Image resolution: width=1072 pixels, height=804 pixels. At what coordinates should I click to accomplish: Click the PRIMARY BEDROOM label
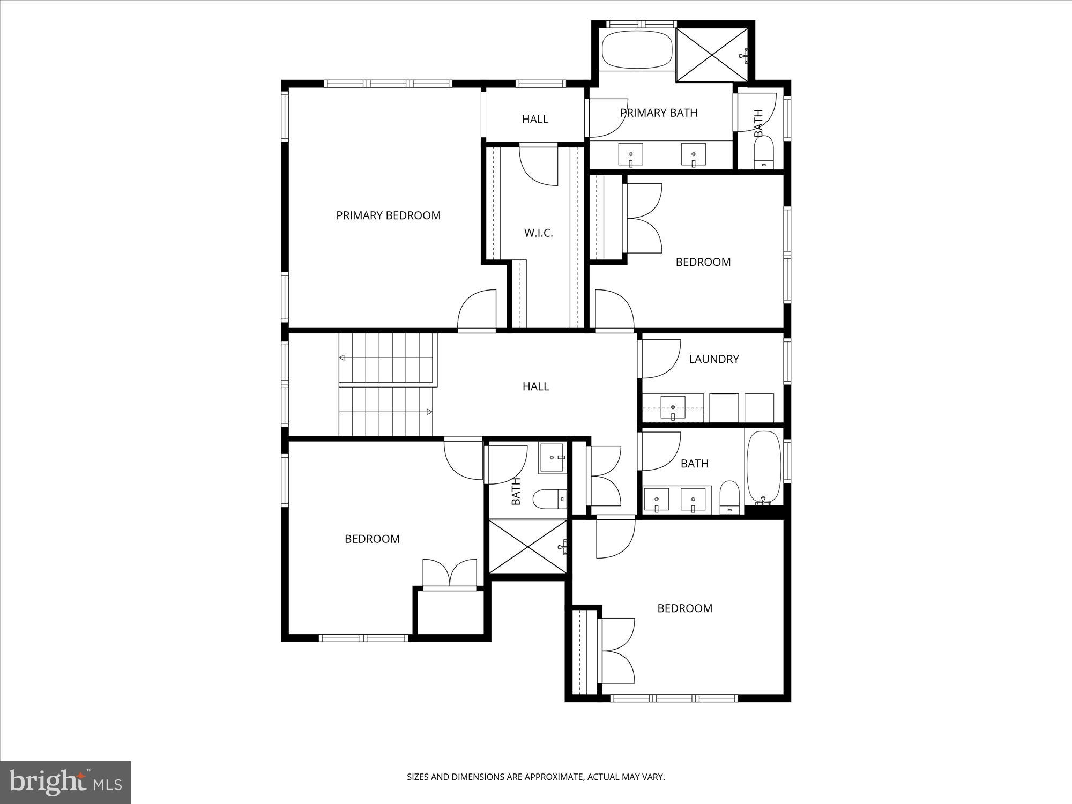pyautogui.click(x=388, y=215)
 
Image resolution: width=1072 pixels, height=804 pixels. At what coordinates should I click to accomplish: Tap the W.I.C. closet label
pyautogui.click(x=538, y=233)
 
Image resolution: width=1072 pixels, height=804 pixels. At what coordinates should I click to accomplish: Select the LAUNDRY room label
pyautogui.click(x=713, y=359)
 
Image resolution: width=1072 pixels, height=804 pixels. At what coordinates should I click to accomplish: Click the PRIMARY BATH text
pyautogui.click(x=659, y=113)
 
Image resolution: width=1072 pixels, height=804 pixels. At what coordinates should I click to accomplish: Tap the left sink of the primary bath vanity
pyautogui.click(x=631, y=155)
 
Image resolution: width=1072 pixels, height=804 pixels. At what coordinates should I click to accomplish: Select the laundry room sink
pyautogui.click(x=673, y=408)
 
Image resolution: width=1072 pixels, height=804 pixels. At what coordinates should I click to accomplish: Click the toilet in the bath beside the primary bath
pyautogui.click(x=764, y=152)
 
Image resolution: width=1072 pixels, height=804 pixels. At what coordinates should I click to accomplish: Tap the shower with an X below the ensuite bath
pyautogui.click(x=528, y=547)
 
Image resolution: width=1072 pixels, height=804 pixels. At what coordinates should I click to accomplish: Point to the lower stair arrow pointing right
pyautogui.click(x=429, y=412)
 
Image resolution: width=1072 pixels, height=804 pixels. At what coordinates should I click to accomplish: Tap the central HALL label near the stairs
pyautogui.click(x=535, y=386)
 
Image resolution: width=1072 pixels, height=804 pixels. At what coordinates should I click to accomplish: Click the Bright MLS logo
pyautogui.click(x=65, y=783)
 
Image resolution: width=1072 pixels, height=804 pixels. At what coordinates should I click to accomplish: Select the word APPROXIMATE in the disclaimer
pyautogui.click(x=554, y=777)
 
